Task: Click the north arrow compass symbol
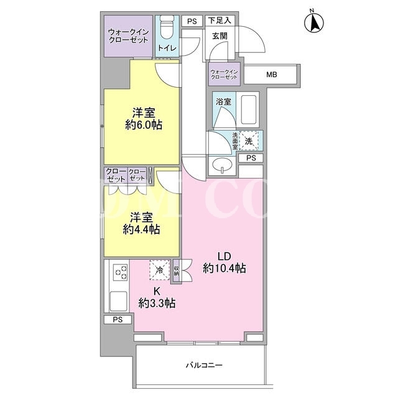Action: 314,22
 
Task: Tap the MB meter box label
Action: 271,75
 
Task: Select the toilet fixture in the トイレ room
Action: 167,27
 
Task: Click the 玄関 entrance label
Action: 220,36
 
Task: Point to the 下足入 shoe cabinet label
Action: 220,21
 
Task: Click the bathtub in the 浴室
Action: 248,109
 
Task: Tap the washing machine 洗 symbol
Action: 249,141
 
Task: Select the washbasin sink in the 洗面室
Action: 222,165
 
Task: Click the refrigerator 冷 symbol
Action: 160,270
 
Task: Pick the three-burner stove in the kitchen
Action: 121,272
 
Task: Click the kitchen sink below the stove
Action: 118,301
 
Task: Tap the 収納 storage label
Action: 177,271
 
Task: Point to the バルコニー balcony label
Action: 205,365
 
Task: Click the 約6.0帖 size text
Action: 144,125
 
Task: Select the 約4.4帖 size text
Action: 141,229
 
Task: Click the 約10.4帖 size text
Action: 224,268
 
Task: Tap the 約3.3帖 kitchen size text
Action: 157,303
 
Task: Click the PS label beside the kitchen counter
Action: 118,320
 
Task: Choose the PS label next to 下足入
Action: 192,21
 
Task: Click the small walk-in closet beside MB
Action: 224,75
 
